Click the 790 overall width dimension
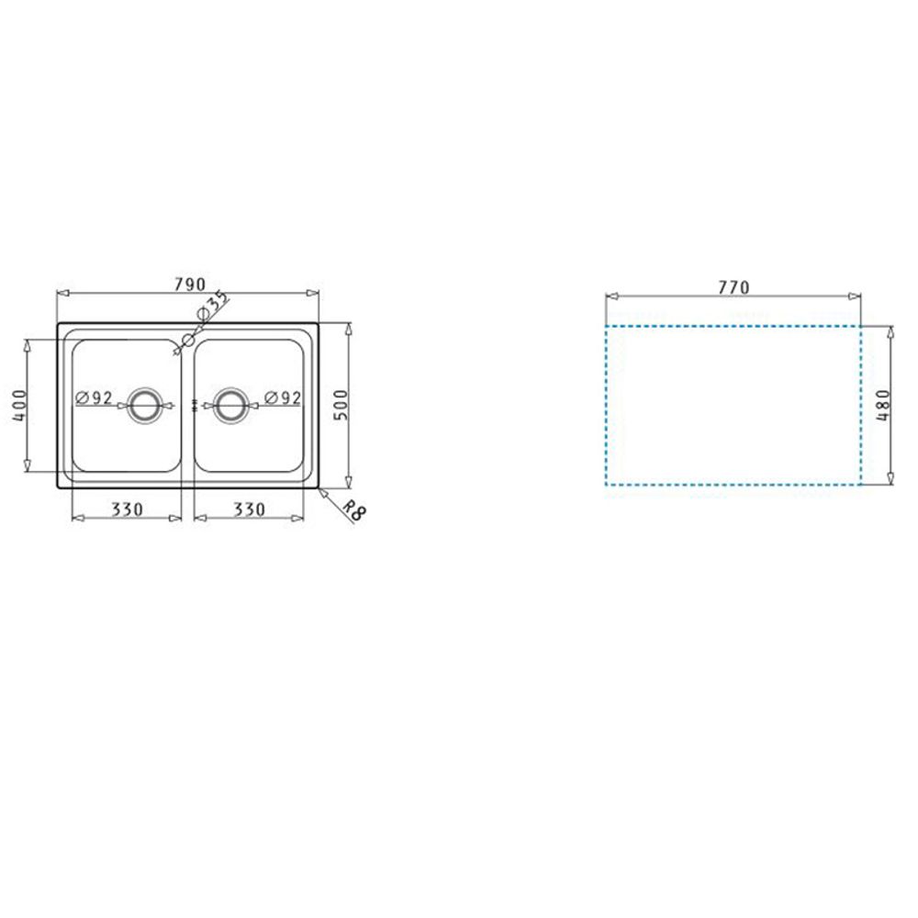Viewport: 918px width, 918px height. click(x=190, y=284)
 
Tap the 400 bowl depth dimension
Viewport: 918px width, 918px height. click(x=19, y=405)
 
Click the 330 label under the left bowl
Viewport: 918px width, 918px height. click(x=127, y=509)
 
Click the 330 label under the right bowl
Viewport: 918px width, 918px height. click(x=250, y=509)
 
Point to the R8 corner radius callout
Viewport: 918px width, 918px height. click(x=353, y=510)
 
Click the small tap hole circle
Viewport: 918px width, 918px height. click(x=188, y=339)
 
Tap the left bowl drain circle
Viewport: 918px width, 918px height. click(x=143, y=405)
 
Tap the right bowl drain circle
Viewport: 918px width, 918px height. click(x=230, y=405)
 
